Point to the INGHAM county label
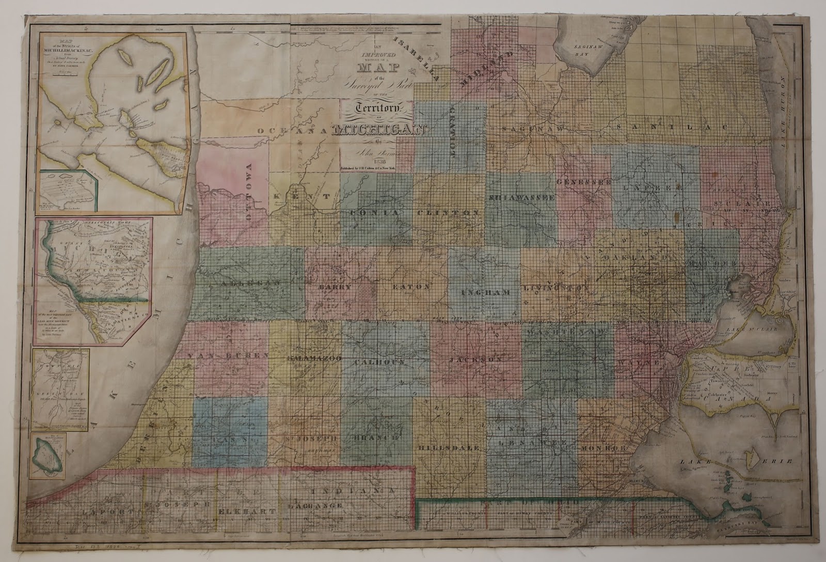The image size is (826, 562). tap(485, 292)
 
